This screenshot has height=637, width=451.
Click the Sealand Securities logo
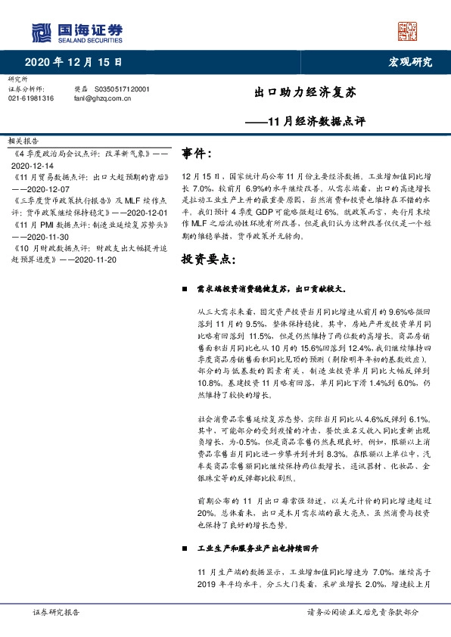[76, 32]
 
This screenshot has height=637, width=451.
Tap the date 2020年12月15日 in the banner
[73, 62]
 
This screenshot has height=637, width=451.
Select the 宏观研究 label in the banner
[410, 62]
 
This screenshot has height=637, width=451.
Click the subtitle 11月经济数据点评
[316, 121]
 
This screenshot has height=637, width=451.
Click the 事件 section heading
[197, 154]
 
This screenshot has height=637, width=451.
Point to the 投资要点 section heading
[208, 259]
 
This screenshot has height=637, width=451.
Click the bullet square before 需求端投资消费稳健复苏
[185, 290]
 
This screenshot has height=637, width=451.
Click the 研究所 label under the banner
[17, 79]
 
